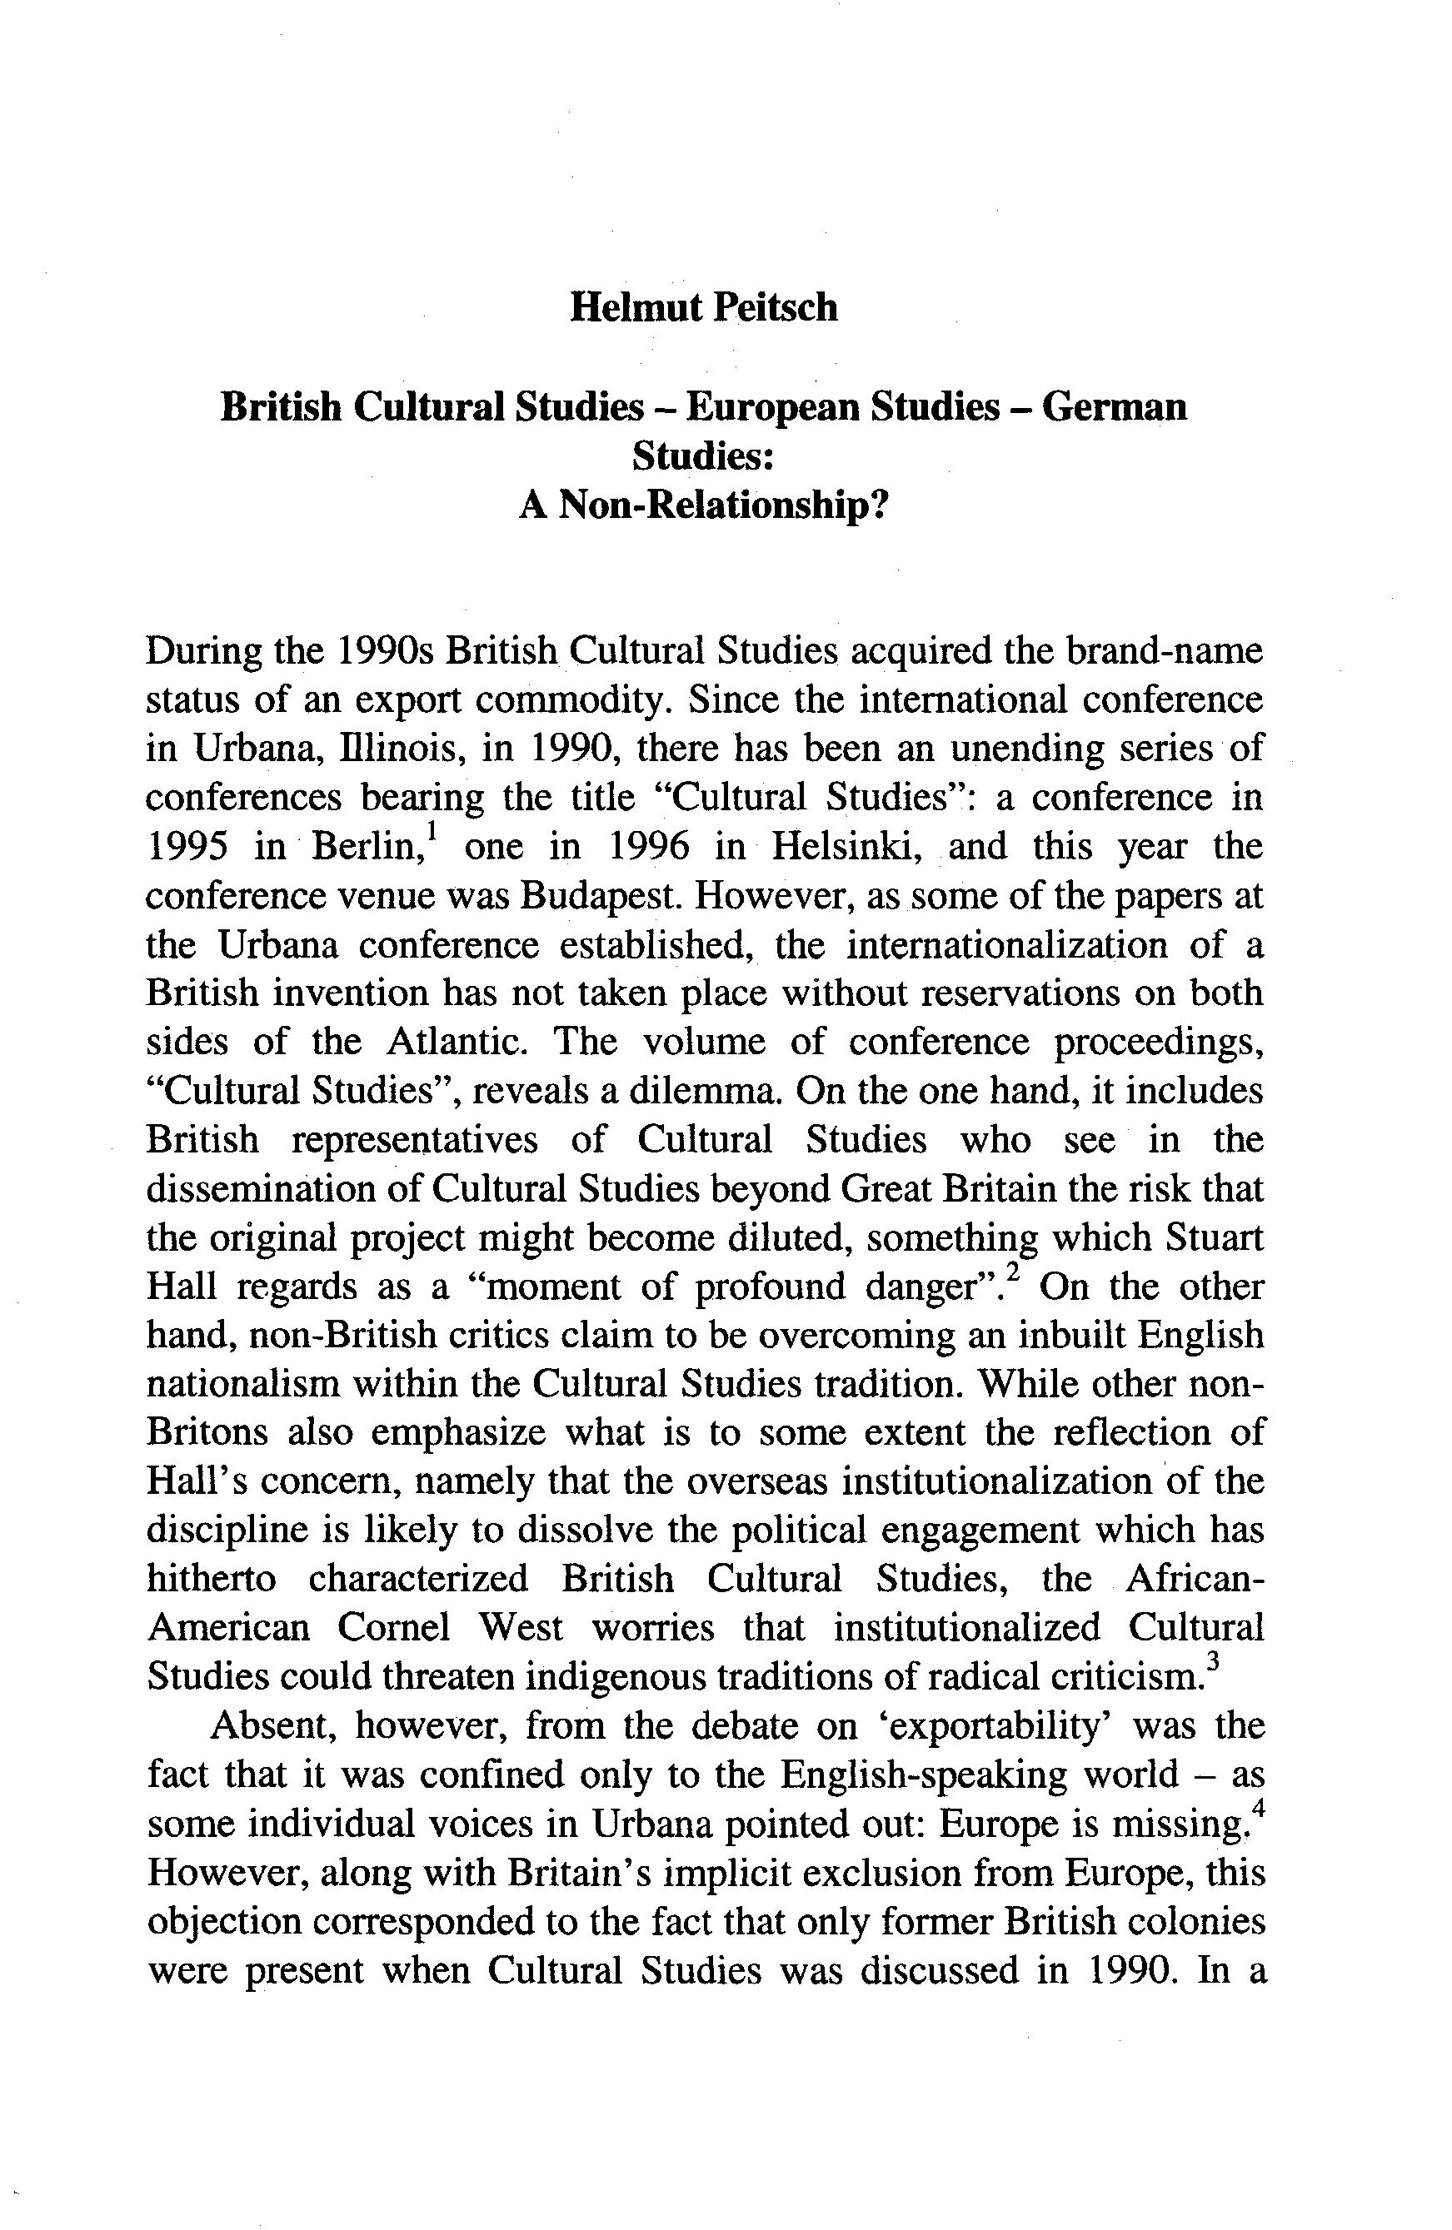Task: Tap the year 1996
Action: [x=649, y=847]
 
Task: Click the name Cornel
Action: [x=392, y=1629]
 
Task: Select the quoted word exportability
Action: [x=981, y=1726]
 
